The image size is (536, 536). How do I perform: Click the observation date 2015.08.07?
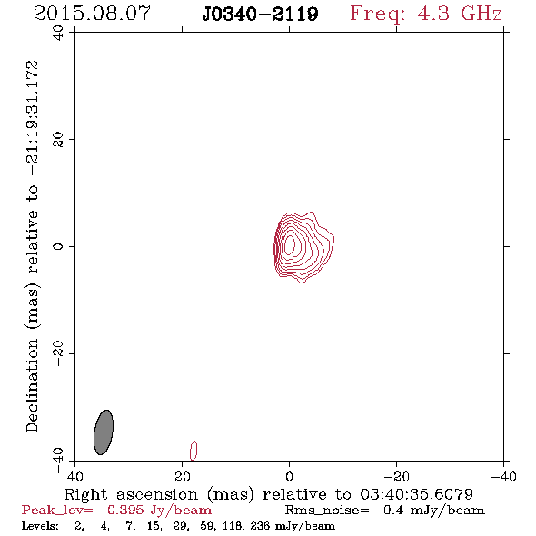[x=92, y=14]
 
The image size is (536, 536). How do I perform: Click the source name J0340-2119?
[x=260, y=14]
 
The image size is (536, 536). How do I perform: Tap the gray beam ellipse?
[x=104, y=432]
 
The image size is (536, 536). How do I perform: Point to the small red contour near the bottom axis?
[x=194, y=451]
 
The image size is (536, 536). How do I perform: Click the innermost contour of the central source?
[x=290, y=244]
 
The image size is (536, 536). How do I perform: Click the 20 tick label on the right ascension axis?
[x=182, y=477]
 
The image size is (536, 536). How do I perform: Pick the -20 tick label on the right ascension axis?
[x=396, y=477]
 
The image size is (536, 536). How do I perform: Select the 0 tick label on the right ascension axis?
[x=289, y=477]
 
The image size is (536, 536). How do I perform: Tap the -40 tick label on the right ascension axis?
[x=503, y=477]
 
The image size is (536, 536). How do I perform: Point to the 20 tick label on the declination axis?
[x=58, y=140]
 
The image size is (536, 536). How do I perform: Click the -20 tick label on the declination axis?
[x=58, y=353]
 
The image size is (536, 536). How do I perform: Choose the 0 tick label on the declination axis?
[x=58, y=246]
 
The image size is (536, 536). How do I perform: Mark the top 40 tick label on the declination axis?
[x=58, y=33]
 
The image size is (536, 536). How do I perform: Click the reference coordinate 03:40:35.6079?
[x=416, y=494]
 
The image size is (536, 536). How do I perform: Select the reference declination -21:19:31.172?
[x=32, y=118]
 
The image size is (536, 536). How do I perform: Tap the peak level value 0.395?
[x=125, y=511]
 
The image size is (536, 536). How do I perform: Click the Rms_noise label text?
[x=327, y=511]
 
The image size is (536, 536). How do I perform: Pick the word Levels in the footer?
[x=40, y=526]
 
